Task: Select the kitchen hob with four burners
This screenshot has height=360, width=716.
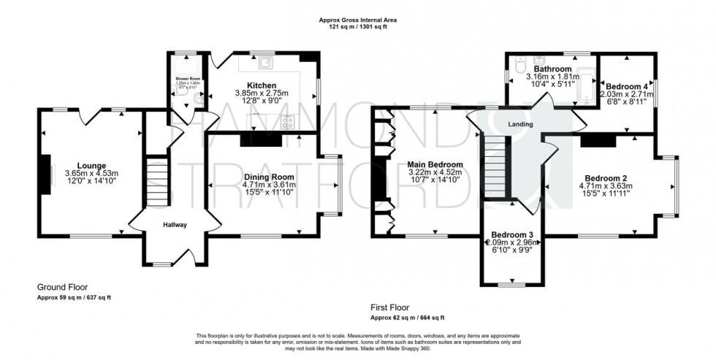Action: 288,122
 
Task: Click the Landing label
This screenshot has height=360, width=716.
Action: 520,124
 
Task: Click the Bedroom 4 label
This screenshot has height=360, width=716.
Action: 626,86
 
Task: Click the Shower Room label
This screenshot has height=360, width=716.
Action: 188,78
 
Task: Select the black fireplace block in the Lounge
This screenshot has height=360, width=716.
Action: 46,174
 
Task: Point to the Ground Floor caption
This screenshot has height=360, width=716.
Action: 65,288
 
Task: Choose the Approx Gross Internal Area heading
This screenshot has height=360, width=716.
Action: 358,20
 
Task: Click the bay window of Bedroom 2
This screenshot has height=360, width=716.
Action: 674,185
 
